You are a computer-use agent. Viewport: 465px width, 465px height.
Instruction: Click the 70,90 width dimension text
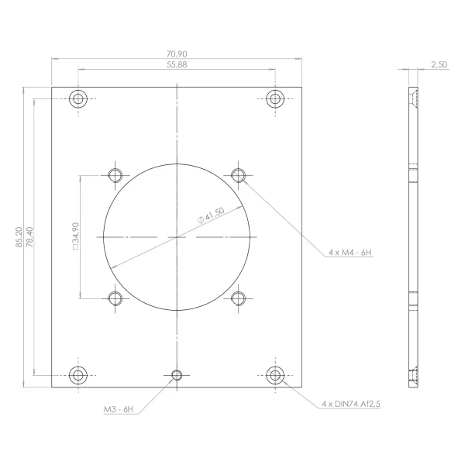(x=177, y=54)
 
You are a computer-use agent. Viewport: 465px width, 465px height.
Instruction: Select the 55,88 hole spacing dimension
(x=177, y=64)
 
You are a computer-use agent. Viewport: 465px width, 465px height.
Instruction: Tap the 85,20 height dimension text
(x=19, y=237)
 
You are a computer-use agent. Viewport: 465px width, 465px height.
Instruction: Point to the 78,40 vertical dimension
(x=29, y=237)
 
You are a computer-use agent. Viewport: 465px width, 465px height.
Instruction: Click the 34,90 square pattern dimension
(x=76, y=236)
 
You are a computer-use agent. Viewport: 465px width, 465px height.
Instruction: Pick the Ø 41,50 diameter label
(x=211, y=215)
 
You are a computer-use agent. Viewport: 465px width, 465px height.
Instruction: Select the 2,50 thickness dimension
(x=439, y=64)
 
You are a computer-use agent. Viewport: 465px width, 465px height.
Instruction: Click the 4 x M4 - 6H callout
(x=350, y=253)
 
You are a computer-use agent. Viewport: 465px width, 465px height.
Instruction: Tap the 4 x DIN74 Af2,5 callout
(x=351, y=404)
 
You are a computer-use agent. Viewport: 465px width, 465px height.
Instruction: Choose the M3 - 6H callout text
(x=119, y=409)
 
